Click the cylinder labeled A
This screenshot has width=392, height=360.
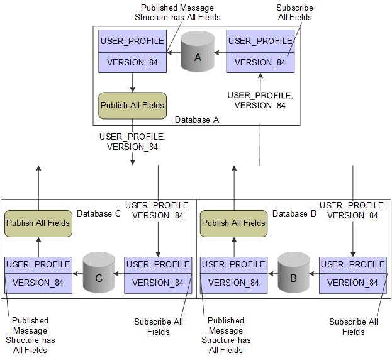click(196, 53)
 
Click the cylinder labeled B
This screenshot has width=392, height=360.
click(294, 274)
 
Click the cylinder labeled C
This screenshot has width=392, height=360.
click(99, 274)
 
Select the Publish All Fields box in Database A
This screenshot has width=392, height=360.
click(133, 105)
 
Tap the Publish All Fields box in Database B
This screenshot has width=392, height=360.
click(233, 223)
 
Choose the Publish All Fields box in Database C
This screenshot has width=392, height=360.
click(38, 223)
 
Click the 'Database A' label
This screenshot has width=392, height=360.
click(196, 120)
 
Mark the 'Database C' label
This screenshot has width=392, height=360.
click(98, 214)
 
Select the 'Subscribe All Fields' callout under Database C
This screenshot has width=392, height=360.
click(158, 327)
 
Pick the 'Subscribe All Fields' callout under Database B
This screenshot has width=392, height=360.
click(353, 327)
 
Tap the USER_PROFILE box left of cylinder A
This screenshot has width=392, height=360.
click(133, 51)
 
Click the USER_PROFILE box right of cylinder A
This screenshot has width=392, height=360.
click(260, 51)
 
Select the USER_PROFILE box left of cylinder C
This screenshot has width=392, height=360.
click(38, 274)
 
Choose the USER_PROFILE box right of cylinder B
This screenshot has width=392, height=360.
click(352, 274)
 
